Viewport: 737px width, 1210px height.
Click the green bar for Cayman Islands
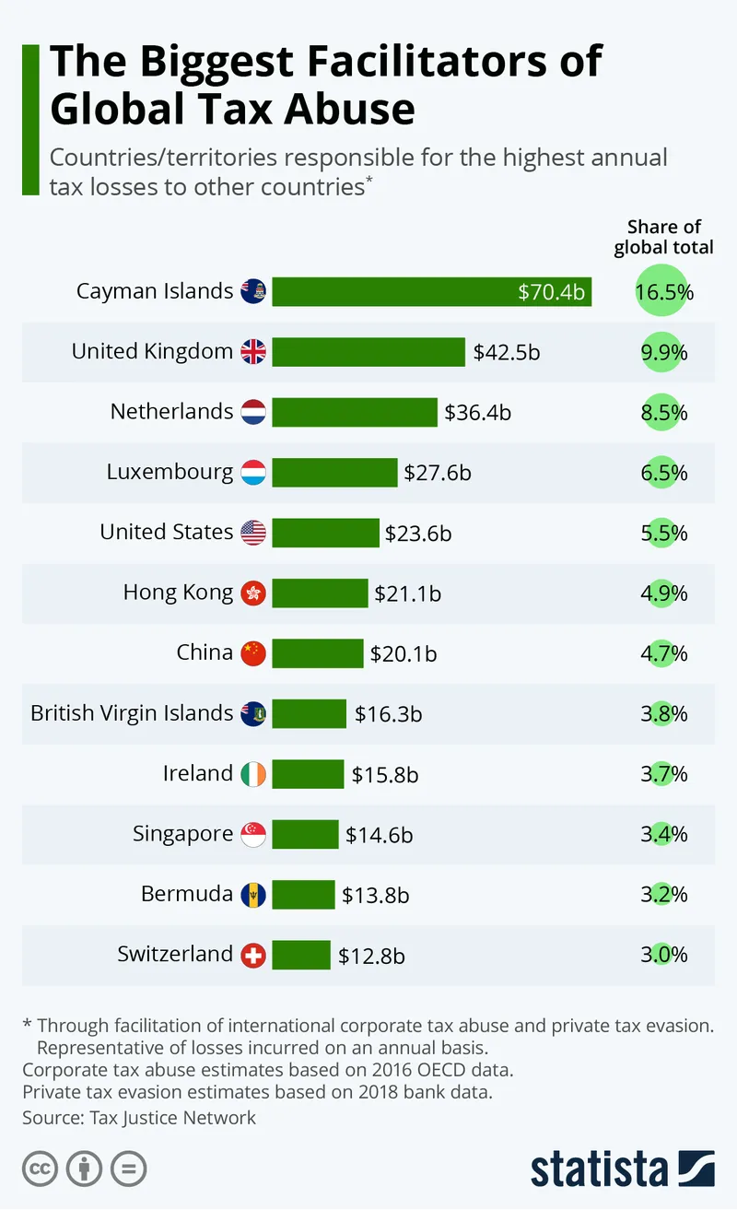tap(431, 292)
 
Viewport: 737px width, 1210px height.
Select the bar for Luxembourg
tap(334, 473)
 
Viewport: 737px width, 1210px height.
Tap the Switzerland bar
tap(301, 955)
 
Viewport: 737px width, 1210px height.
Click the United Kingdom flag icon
tap(253, 352)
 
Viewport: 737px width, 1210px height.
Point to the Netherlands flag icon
tap(253, 412)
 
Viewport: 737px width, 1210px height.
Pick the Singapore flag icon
tap(253, 834)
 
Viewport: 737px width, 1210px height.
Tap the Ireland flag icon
tap(253, 774)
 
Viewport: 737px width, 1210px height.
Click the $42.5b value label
tap(506, 352)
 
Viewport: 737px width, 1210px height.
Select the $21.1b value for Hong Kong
tap(407, 593)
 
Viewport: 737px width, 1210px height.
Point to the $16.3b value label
tap(389, 714)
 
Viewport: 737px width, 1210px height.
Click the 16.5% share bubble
tap(663, 293)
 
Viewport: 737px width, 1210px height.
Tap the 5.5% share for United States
tap(663, 534)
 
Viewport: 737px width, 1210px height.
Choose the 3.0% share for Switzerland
tap(663, 955)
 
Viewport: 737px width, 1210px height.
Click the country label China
tap(205, 653)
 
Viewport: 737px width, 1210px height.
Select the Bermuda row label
tap(186, 894)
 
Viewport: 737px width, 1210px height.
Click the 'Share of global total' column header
tap(663, 237)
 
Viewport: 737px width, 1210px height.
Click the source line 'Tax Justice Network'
tap(172, 1118)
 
